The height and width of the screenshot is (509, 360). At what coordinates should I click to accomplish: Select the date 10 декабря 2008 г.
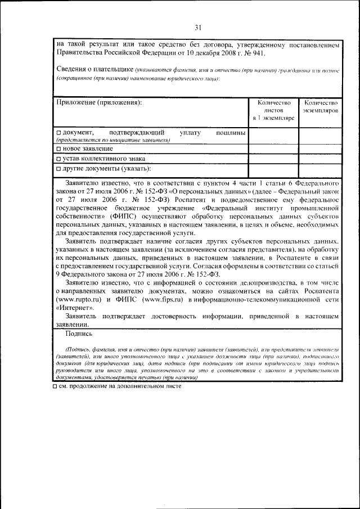click(x=193, y=53)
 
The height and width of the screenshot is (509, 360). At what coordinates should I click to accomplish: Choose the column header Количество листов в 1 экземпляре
click(x=273, y=110)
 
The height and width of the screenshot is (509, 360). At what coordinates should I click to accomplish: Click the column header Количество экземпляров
click(x=320, y=106)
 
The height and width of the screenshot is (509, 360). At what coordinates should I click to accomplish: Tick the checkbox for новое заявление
click(x=59, y=148)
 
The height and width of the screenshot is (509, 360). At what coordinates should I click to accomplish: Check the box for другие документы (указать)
click(x=59, y=168)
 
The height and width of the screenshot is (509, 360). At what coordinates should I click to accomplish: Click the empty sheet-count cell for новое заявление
click(x=273, y=148)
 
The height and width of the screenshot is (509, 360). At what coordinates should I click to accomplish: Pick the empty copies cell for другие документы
click(x=320, y=170)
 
